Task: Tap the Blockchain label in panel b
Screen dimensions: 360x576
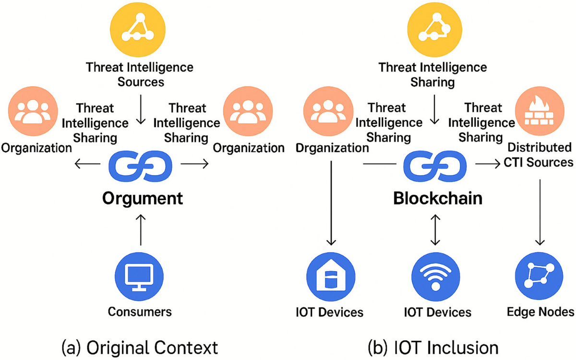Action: coord(437,198)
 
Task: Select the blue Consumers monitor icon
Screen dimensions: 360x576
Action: coord(138,277)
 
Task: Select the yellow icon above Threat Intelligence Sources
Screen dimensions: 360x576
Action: coord(139,30)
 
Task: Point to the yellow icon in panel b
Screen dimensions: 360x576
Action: coord(433,30)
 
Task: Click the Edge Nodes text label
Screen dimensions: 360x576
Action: coord(540,312)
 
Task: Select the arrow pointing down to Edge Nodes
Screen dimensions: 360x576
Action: coord(540,211)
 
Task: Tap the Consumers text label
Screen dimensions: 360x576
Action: coord(139,312)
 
